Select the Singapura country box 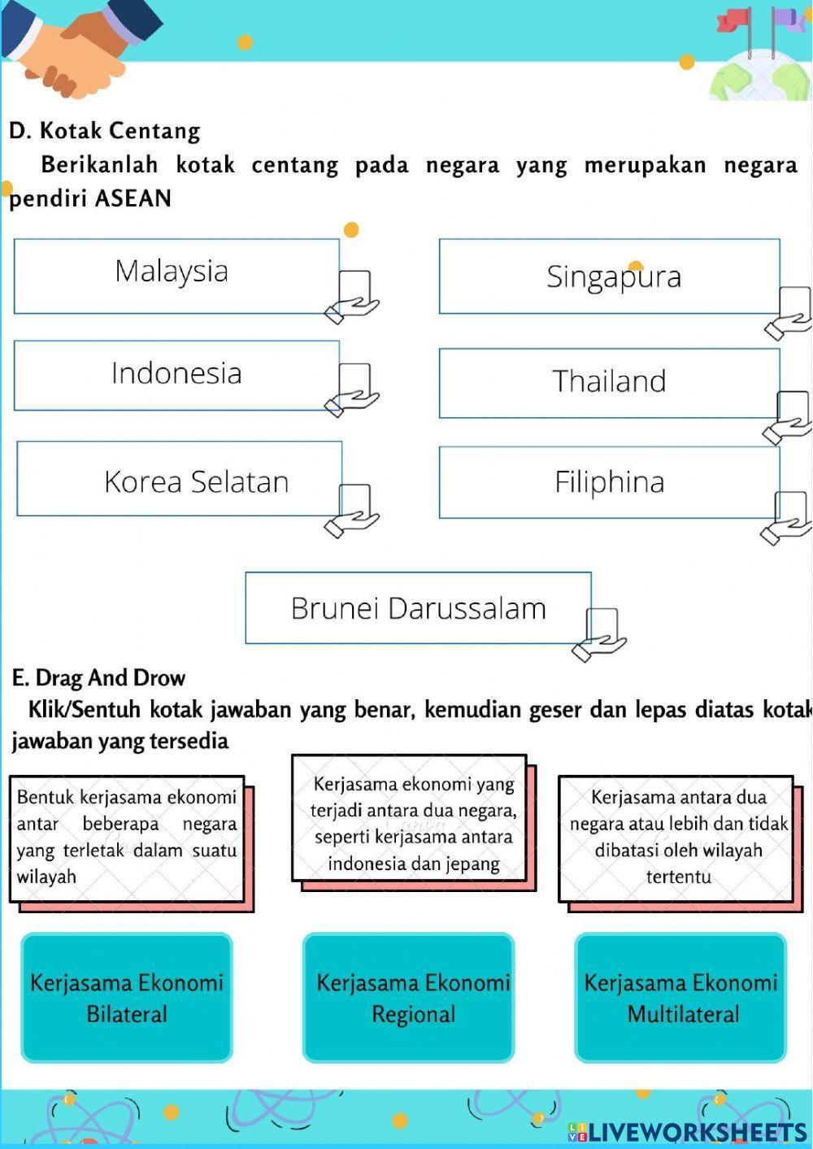tap(609, 276)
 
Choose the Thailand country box tap(609, 383)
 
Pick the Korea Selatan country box tap(179, 479)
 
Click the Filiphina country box tap(609, 482)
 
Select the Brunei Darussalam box tap(418, 608)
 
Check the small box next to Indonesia tap(354, 381)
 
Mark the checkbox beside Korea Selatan tap(354, 501)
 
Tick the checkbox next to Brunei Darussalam tap(602, 626)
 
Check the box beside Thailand tap(793, 409)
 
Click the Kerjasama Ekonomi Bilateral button tap(127, 998)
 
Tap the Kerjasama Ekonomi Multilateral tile tap(681, 998)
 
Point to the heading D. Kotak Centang tap(104, 130)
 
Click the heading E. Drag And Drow tap(98, 677)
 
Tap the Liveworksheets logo tap(688, 1131)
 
